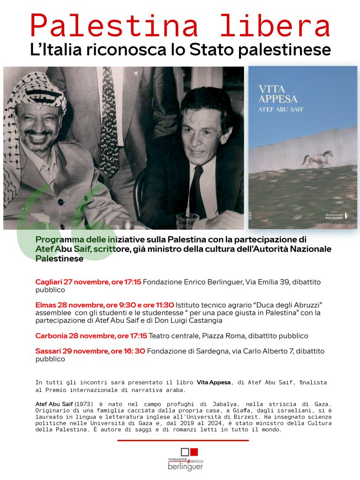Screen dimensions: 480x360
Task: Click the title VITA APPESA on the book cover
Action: (x=278, y=93)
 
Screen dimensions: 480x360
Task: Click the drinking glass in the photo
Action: (x=187, y=220)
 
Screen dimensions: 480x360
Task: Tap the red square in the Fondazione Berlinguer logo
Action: (x=194, y=452)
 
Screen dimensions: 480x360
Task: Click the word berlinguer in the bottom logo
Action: (x=185, y=466)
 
